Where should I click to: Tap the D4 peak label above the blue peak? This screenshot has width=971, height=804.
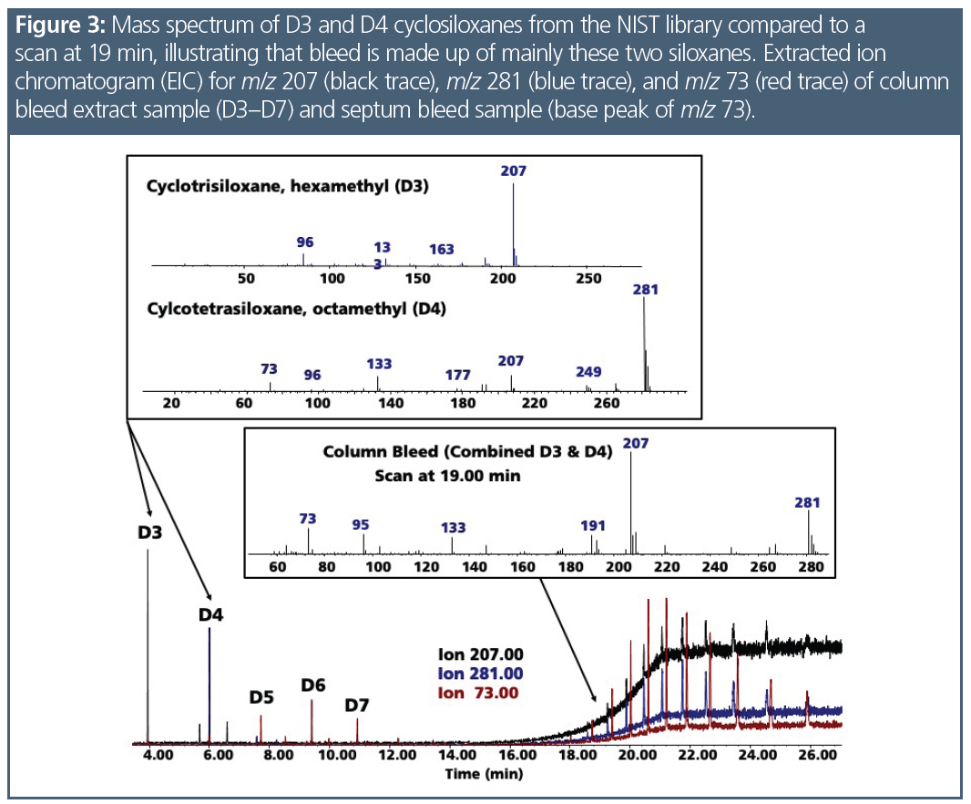(x=211, y=614)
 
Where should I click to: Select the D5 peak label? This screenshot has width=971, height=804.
(x=262, y=697)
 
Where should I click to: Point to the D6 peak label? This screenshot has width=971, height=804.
(x=313, y=685)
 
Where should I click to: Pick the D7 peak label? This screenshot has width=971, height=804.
(x=357, y=705)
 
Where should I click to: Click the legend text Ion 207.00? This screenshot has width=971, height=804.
(x=481, y=655)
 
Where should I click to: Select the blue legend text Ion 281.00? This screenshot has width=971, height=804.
(x=481, y=674)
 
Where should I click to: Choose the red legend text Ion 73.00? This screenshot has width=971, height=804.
(x=481, y=693)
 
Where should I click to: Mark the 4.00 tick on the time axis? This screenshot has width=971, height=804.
(x=157, y=756)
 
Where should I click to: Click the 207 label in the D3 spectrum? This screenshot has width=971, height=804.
(x=514, y=170)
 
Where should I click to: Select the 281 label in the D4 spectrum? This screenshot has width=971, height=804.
(x=645, y=289)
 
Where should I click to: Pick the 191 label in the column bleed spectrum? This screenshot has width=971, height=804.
(x=593, y=525)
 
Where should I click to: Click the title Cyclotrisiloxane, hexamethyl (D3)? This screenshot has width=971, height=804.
(x=288, y=187)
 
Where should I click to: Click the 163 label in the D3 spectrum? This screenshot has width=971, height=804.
(x=442, y=249)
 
